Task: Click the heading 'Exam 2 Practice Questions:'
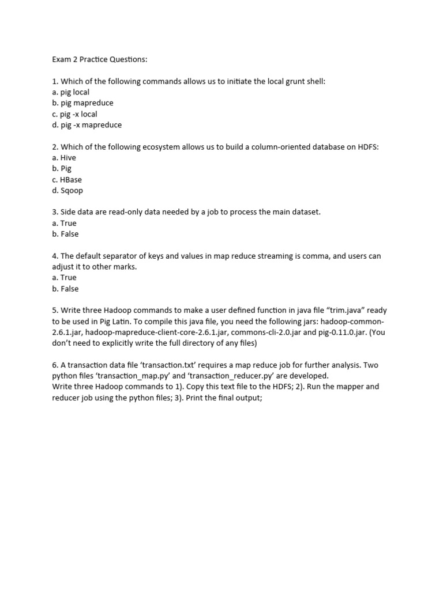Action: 100,59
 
